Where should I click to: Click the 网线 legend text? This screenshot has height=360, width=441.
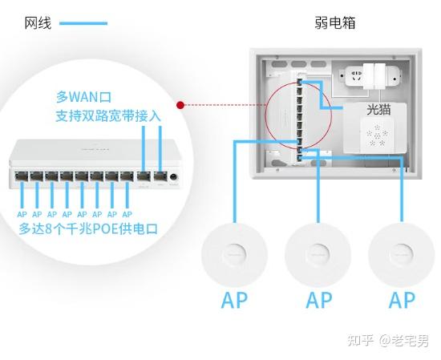coord(38,23)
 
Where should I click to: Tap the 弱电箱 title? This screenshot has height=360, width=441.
coord(335,22)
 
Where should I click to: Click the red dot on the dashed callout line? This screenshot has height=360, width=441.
coord(183,104)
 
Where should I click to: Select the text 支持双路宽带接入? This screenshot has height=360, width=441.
coord(108,116)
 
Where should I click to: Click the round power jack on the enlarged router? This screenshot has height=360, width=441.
coord(174,176)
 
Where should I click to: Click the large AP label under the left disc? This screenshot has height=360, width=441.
coord(235,301)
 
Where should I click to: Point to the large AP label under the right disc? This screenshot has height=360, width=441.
coord(402,301)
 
